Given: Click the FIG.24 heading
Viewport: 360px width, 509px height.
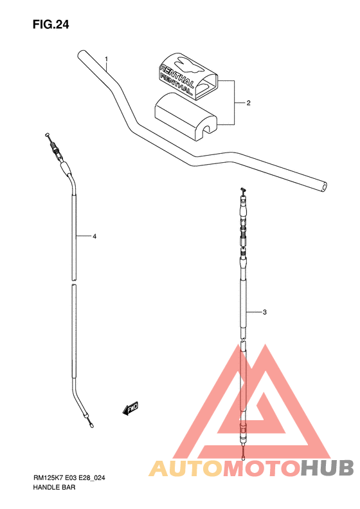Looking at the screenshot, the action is click(x=51, y=24).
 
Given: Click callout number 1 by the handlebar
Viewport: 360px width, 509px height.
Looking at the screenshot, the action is click(x=106, y=59).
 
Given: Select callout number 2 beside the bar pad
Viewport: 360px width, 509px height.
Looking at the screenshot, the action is click(x=248, y=103).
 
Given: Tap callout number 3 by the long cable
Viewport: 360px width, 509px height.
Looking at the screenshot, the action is click(x=265, y=312).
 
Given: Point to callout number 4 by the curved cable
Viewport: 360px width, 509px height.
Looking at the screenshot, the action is click(x=94, y=237).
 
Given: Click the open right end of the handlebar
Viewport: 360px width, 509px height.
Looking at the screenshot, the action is click(x=323, y=187).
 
